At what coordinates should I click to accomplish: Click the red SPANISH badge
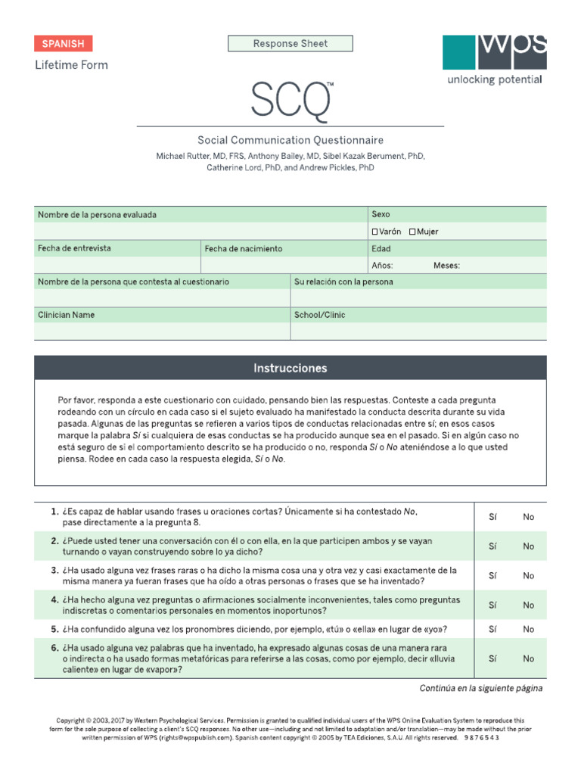click(x=63, y=44)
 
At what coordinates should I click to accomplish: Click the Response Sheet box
click(x=290, y=44)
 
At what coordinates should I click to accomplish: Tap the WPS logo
click(x=494, y=51)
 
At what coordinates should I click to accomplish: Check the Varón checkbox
click(x=375, y=232)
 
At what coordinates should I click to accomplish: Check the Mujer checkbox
click(x=412, y=232)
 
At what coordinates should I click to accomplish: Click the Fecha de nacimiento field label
click(x=243, y=248)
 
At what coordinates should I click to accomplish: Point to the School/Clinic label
click(x=318, y=315)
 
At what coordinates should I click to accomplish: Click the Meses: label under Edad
click(x=446, y=266)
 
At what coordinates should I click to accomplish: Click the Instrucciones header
click(x=290, y=369)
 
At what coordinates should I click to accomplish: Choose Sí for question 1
click(x=492, y=517)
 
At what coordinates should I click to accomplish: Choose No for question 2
click(x=528, y=546)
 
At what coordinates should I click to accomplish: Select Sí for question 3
click(x=492, y=576)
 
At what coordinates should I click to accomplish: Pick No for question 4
click(x=528, y=605)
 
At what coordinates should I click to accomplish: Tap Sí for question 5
click(x=492, y=629)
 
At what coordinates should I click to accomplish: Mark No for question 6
click(x=528, y=658)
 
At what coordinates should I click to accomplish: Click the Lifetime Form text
click(x=71, y=65)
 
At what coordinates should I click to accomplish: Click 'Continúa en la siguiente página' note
click(x=480, y=689)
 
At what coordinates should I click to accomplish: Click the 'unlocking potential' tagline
click(x=494, y=80)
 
